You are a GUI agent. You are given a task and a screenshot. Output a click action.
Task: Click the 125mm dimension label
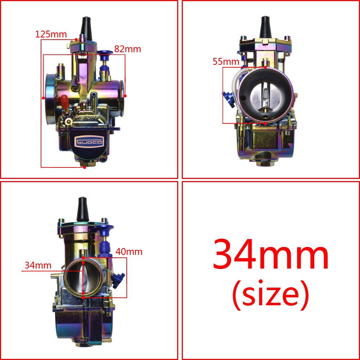click(x=51, y=35)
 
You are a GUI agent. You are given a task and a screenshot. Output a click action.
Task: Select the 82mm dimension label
click(x=127, y=49)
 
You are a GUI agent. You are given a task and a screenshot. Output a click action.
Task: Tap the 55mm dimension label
click(x=226, y=62)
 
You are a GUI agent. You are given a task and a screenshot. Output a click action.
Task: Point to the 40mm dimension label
click(x=129, y=252)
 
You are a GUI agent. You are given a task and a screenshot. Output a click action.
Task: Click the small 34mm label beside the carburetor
click(x=38, y=266)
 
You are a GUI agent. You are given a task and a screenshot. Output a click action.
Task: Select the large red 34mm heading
click(x=271, y=255)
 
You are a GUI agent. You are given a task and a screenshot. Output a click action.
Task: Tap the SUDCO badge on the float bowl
click(x=89, y=141)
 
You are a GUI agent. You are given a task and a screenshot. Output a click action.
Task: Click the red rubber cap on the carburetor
click(x=64, y=101)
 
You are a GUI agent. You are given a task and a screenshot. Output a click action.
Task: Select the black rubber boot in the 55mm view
click(x=265, y=28)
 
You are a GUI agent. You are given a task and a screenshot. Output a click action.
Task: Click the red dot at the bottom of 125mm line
click(x=84, y=167)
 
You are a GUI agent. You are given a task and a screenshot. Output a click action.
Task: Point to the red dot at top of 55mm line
click(x=265, y=67)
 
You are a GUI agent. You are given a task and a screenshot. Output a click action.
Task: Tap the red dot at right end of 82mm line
click(x=125, y=96)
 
